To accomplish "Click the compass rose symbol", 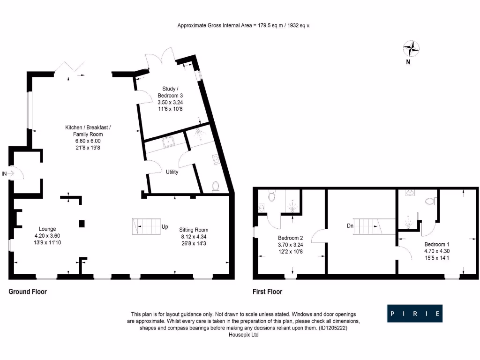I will [411, 48].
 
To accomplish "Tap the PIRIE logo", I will [415, 313].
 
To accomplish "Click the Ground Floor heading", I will [28, 292].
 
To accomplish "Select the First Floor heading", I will [267, 292].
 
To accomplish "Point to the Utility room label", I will [172, 172].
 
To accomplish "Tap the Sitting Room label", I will [194, 230].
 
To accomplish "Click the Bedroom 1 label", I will [437, 244].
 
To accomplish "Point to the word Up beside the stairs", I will [165, 227].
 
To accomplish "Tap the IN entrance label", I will [5, 174].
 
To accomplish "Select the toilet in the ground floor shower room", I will [216, 187].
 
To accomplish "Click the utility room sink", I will [168, 141].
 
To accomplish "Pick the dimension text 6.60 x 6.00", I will [88, 141].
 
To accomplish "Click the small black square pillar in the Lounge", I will [82, 224].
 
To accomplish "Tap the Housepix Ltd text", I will [243, 335].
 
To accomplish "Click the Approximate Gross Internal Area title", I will [243, 26].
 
